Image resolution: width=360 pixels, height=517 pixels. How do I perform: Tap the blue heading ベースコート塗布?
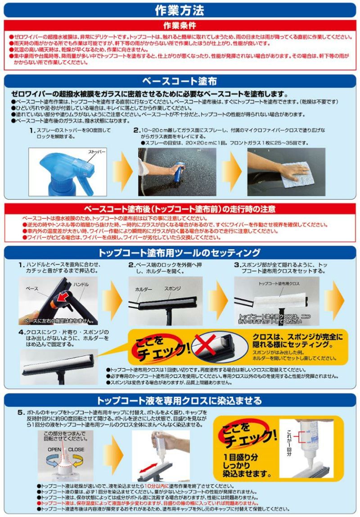click(180, 82)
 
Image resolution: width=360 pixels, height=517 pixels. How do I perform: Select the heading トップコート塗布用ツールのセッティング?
click(180, 252)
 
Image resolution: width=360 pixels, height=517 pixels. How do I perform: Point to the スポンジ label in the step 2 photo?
click(173, 287)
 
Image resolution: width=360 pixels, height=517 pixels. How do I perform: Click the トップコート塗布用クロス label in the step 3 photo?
click(279, 284)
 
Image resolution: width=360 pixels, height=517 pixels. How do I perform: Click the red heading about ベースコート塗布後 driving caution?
click(180, 209)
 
